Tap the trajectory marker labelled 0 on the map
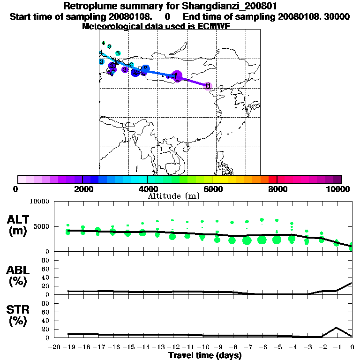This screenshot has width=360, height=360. [x=208, y=86]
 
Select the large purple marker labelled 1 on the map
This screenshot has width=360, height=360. [x=177, y=76]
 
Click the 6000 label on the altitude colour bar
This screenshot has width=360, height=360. [x=212, y=189]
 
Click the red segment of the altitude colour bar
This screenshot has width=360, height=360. [x=272, y=179]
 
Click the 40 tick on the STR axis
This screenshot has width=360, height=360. [x=46, y=320]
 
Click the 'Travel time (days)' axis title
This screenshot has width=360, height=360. [x=205, y=356]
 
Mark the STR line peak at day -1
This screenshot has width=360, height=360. [x=337, y=328]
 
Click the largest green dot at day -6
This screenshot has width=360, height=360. [x=262, y=240]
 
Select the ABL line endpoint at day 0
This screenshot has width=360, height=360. [x=352, y=283]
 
